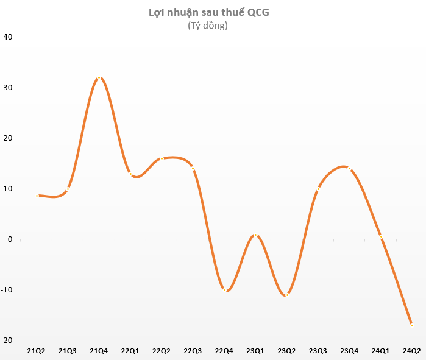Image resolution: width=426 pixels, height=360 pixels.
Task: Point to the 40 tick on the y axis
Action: point(8,37)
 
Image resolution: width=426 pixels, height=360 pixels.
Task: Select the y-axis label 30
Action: point(8,87)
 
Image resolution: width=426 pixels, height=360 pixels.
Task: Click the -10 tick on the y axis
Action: point(7,289)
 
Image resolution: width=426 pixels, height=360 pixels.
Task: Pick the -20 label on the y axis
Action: point(7,340)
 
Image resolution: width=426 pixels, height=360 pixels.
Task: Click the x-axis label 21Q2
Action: point(37,350)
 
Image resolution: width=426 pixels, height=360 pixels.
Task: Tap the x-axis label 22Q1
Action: point(130,350)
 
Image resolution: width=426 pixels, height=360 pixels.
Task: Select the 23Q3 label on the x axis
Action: point(318,350)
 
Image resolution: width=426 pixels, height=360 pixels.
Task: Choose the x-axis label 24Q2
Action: point(412,350)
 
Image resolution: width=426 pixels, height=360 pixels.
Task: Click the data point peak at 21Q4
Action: point(99,78)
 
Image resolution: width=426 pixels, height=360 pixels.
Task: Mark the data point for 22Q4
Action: point(225,290)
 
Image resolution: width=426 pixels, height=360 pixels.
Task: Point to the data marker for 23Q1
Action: point(256,235)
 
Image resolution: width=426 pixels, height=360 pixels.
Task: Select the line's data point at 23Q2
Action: point(287,295)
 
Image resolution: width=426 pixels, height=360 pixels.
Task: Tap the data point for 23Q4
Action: point(349,168)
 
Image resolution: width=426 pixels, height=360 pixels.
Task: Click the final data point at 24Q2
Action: point(412,325)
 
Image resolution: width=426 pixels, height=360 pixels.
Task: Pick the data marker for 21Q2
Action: point(37,196)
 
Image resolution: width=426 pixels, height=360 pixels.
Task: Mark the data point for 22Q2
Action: point(162,158)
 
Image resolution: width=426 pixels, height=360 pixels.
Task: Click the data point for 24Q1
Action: point(381,236)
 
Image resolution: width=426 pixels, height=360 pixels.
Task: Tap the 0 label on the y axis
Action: point(10,239)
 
